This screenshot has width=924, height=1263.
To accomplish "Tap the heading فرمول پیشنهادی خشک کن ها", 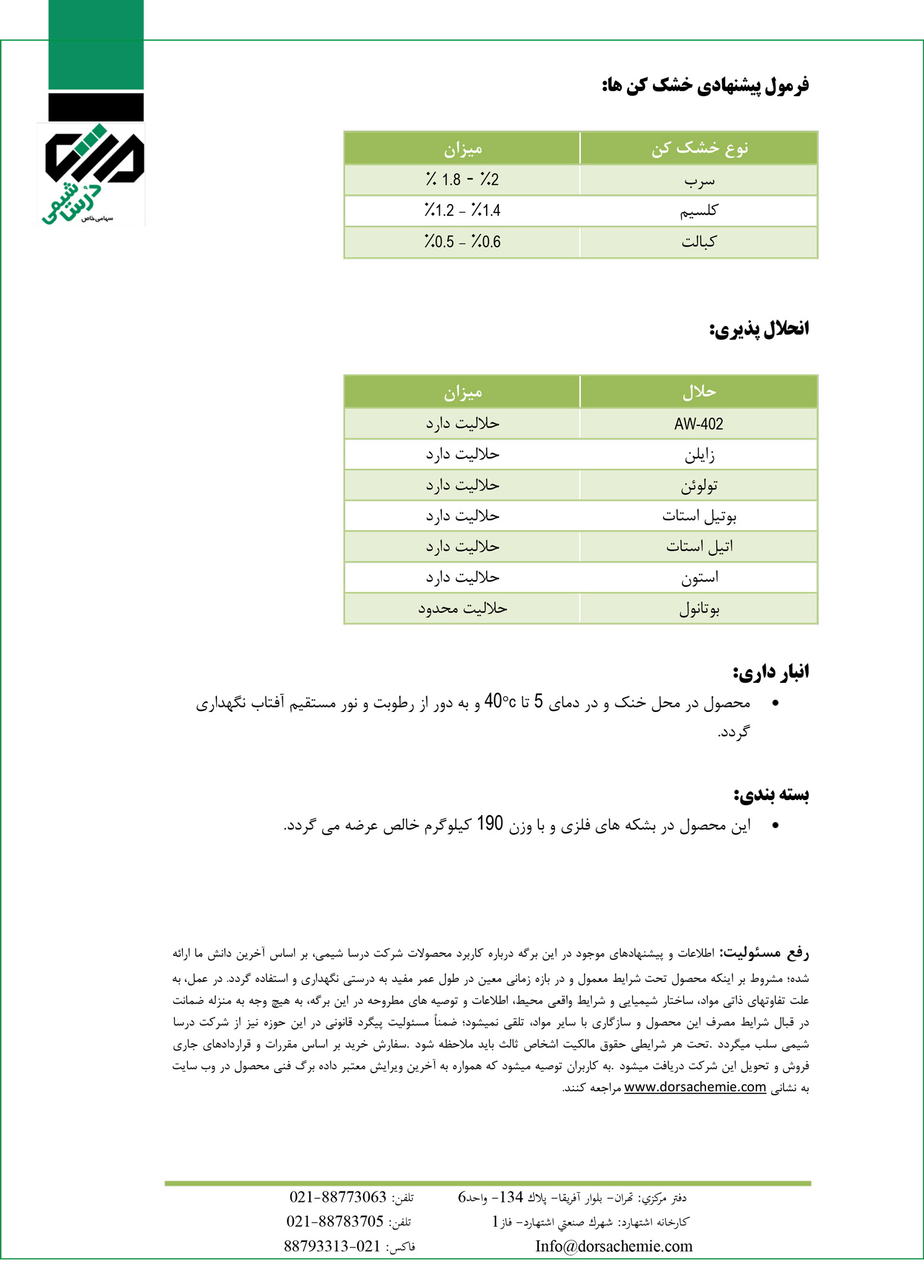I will [x=705, y=85].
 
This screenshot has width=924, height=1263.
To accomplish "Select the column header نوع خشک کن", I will [x=699, y=148].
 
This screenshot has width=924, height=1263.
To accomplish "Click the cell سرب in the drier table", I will [x=699, y=181].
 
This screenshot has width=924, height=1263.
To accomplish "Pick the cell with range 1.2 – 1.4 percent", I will [x=462, y=211].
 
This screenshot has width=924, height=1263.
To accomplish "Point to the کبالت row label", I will [x=699, y=242].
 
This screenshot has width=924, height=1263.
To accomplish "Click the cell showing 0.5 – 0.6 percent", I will [x=462, y=242].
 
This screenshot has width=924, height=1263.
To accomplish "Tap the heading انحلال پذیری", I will [x=759, y=329].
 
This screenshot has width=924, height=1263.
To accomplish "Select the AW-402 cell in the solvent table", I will [x=699, y=423].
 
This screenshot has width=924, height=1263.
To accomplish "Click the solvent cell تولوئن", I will [x=699, y=486].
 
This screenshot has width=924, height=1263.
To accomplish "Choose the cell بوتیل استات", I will [x=699, y=516].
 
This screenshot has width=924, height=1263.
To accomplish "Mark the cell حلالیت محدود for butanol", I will [x=462, y=608].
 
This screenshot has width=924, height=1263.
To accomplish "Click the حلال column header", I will [x=699, y=391].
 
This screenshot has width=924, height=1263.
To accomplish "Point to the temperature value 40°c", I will [x=500, y=701].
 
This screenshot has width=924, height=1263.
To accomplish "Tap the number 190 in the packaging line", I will [x=490, y=824].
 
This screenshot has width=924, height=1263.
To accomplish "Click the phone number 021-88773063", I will [x=338, y=1197].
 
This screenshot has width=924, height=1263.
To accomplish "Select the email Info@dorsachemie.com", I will [x=614, y=1246].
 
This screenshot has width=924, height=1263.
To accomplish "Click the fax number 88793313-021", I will [x=332, y=1246].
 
